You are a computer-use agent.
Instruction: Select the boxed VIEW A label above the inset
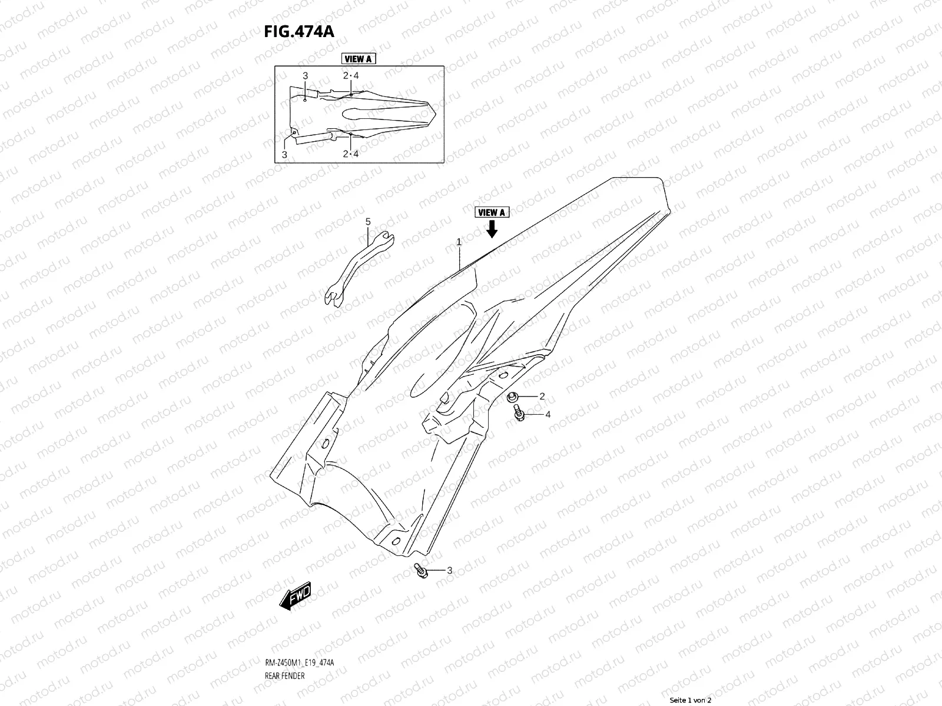coord(358,59)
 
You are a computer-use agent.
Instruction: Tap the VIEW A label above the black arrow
coord(492,213)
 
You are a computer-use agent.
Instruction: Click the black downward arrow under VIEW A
coord(492,229)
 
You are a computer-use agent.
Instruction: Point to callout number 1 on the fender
coord(459,242)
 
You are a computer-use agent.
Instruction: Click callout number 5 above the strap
coord(368,222)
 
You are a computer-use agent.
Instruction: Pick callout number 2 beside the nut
coord(542,397)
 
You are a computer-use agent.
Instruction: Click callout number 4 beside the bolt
coord(548,415)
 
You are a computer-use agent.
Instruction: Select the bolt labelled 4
coord(519,415)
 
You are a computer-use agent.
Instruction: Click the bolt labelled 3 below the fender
coord(420,570)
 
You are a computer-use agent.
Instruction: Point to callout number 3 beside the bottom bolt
coord(449,570)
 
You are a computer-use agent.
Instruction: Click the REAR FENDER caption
coord(285,676)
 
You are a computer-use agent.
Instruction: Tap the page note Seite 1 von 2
coord(691,700)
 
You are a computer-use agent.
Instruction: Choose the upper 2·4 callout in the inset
coord(351,76)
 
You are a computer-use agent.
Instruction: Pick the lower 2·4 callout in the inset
coord(351,154)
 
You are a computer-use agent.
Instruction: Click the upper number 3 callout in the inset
coord(305,76)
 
